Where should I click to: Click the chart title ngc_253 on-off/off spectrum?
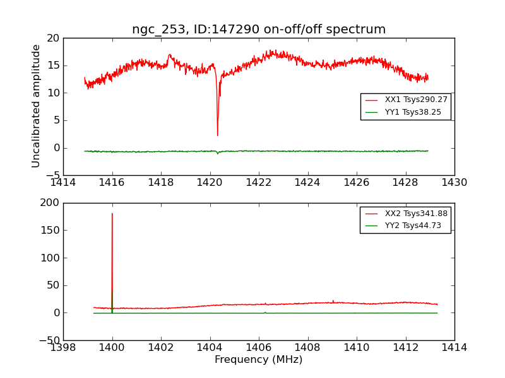[x=259, y=30]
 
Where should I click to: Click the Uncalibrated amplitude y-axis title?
[x=37, y=106]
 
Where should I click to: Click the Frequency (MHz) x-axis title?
[x=259, y=360]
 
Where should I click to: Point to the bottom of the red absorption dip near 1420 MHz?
[x=218, y=135]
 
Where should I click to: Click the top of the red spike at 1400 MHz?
[x=112, y=214]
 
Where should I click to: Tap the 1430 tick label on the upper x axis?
[x=454, y=183]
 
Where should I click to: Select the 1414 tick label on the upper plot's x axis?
[x=64, y=183]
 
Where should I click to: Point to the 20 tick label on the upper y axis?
[x=52, y=38]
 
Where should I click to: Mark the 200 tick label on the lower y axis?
[x=49, y=203]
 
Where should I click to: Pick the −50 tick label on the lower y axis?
[x=48, y=340]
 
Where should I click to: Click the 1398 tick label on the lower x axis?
[x=64, y=348]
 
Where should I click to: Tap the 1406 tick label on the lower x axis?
[x=259, y=348]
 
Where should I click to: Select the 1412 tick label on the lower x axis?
[x=405, y=348]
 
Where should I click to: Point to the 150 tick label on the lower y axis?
[x=49, y=231]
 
